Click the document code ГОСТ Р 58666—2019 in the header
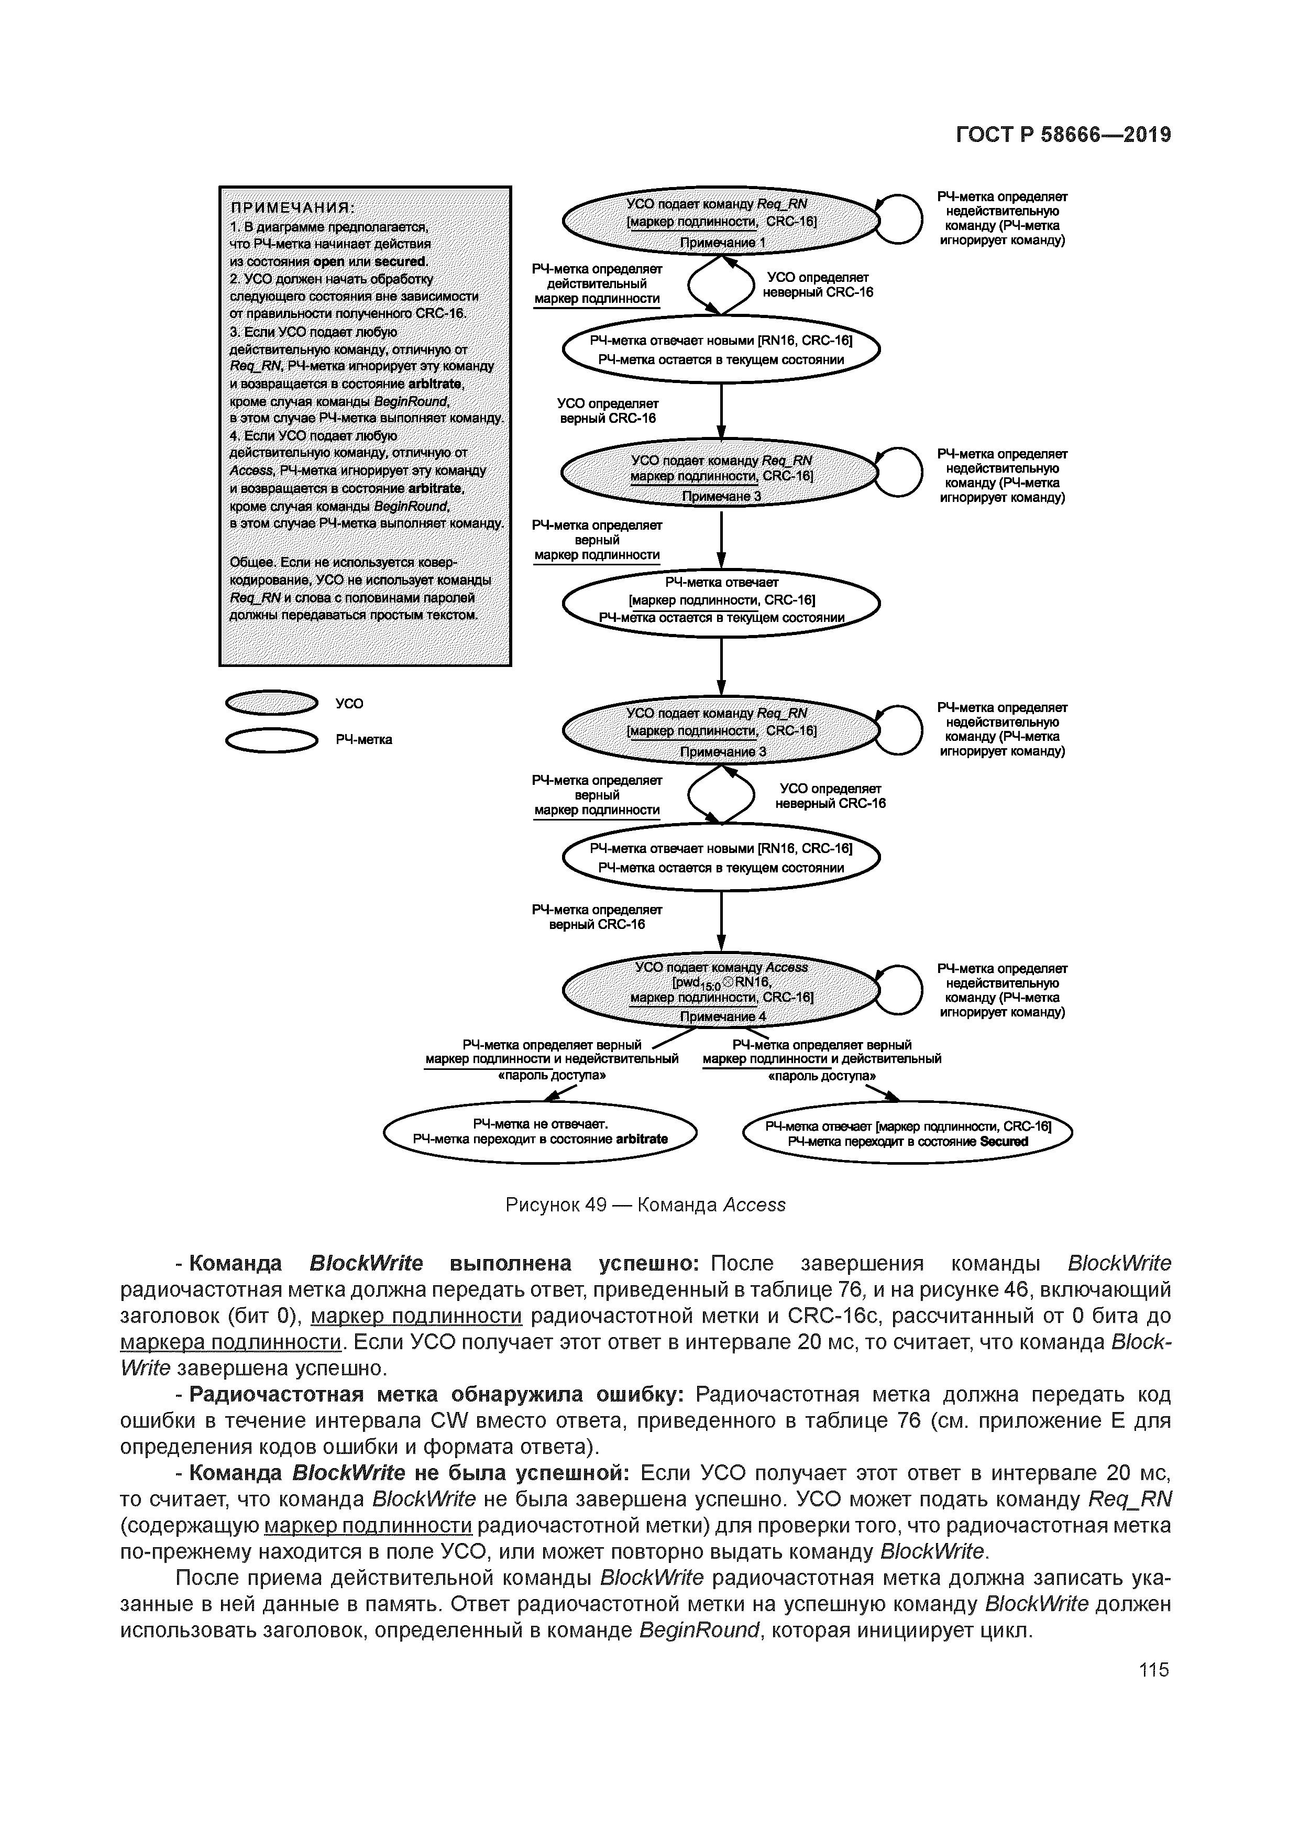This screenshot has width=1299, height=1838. tap(1063, 135)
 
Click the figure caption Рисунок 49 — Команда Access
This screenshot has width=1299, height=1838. tap(645, 1205)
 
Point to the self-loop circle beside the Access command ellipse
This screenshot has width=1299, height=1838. tap(900, 989)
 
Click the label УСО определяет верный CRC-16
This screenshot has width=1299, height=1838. tap(608, 411)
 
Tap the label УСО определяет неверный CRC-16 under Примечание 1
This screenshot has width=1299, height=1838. tap(817, 284)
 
